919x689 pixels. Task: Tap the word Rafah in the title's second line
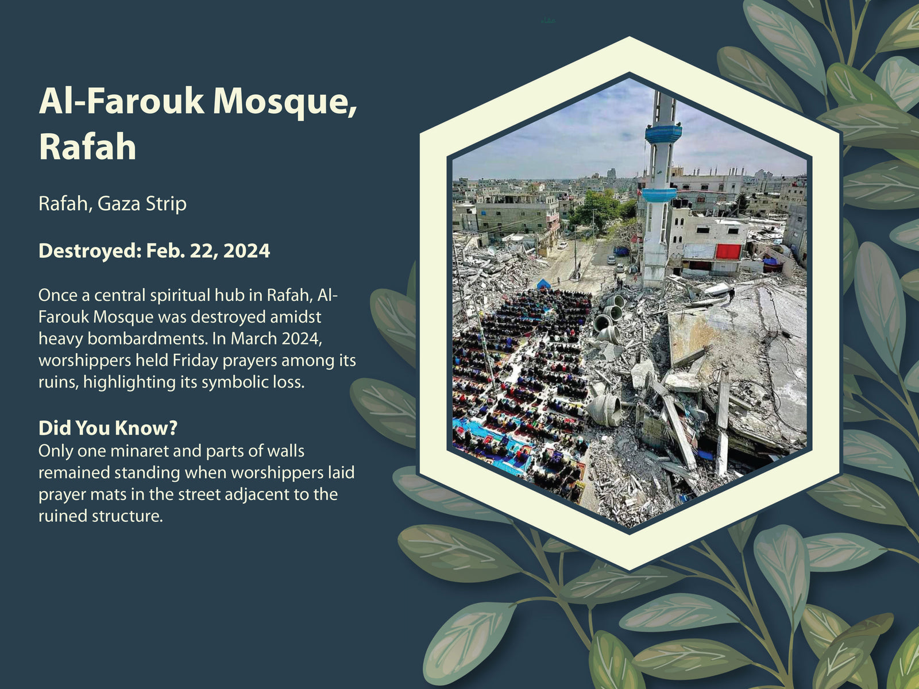pyautogui.click(x=87, y=147)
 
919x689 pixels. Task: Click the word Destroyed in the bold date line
pyautogui.click(x=90, y=251)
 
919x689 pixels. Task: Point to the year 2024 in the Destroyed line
pyautogui.click(x=246, y=251)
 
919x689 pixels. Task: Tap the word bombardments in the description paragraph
pyautogui.click(x=148, y=338)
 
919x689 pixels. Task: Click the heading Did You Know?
pyautogui.click(x=108, y=428)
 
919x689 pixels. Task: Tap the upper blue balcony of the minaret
pyautogui.click(x=663, y=134)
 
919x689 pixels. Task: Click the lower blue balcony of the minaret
pyautogui.click(x=659, y=195)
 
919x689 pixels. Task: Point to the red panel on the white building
pyautogui.click(x=728, y=251)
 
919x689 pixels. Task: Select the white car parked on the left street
pyautogui.click(x=562, y=246)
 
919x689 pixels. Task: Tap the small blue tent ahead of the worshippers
pyautogui.click(x=543, y=284)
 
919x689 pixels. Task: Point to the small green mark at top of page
pyautogui.click(x=548, y=20)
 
